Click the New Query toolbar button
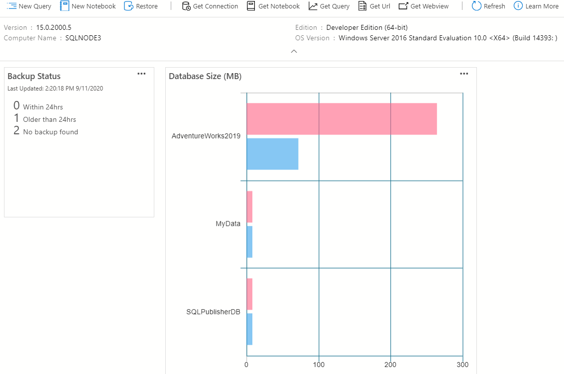pos(29,6)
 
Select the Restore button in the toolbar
pos(141,6)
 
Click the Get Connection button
pos(210,6)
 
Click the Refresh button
pos(488,6)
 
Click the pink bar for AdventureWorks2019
pos(341,119)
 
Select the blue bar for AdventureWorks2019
pos(272,154)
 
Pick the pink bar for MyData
pos(249,207)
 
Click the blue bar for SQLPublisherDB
pos(249,329)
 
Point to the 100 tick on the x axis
pos(319,365)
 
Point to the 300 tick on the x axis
pos(463,365)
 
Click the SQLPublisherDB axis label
pos(213,312)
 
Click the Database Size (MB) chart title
pos(205,76)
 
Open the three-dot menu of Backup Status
pos(141,74)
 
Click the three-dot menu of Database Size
pos(464,74)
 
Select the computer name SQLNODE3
pos(83,38)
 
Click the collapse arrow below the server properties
pos(294,51)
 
